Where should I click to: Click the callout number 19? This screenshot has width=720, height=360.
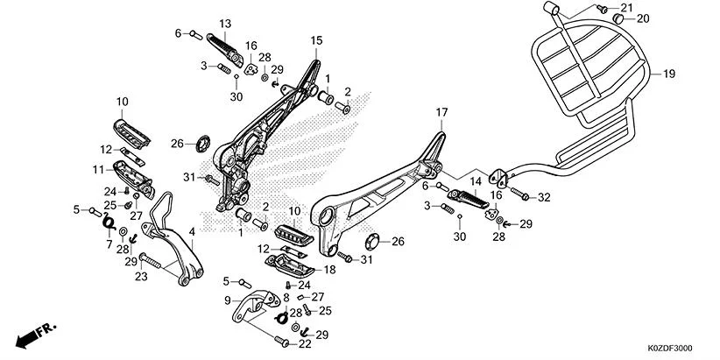tap(668, 74)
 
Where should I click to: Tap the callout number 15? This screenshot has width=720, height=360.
tap(316, 40)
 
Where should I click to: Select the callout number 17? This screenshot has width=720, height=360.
tap(441, 112)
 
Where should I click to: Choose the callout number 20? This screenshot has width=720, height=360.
tap(643, 18)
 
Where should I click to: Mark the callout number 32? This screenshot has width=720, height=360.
tap(543, 197)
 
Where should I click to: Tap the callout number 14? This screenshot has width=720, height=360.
tap(476, 181)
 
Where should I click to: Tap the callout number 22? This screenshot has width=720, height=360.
tap(306, 343)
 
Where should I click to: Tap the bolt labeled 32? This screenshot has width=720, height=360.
tap(518, 193)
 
